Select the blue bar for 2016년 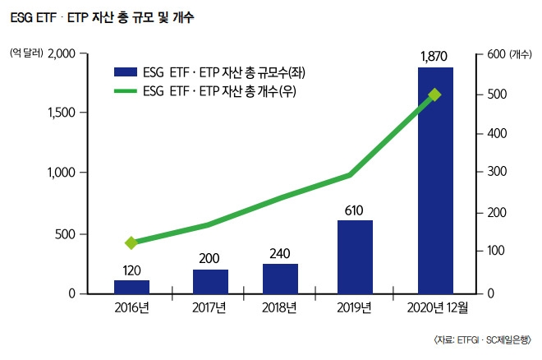(x=131, y=286)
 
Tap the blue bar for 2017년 (x=210, y=281)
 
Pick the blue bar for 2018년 (x=280, y=279)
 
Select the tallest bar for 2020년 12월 (x=435, y=181)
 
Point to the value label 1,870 (x=434, y=57)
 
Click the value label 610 (x=354, y=210)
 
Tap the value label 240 (x=280, y=253)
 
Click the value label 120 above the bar (x=131, y=270)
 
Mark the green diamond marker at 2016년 (x=131, y=243)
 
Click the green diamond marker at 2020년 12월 (x=435, y=95)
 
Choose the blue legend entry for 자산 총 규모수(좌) (x=205, y=73)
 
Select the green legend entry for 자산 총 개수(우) (x=205, y=91)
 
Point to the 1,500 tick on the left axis (x=59, y=113)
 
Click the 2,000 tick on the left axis (x=59, y=54)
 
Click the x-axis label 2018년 (x=281, y=308)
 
